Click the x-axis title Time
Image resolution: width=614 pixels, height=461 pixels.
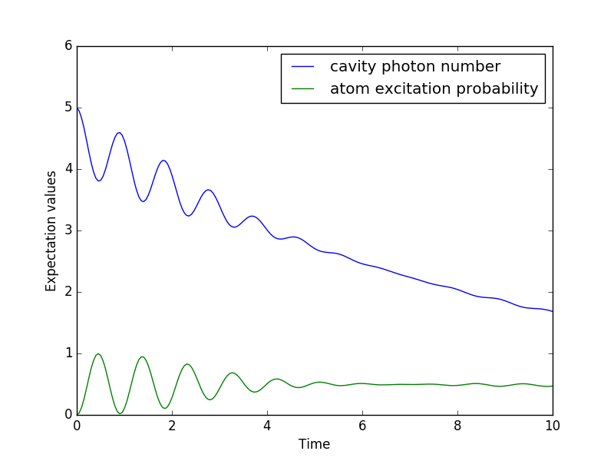coord(313,444)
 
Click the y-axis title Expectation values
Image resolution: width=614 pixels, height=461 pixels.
coord(51,230)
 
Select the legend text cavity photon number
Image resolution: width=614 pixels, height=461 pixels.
coord(415,67)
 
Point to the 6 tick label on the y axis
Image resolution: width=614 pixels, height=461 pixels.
coord(68,46)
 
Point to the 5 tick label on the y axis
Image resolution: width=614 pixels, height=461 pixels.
coord(68,108)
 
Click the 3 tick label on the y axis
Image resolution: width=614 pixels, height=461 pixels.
coord(68,230)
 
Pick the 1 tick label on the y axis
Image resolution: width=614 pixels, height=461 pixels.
coord(68,353)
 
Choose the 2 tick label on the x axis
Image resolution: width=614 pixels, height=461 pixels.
coord(172,425)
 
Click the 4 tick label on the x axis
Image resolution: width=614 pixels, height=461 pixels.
coord(267,425)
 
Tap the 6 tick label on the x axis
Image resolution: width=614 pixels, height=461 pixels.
coord(362,425)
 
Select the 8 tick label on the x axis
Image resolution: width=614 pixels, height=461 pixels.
coord(457,425)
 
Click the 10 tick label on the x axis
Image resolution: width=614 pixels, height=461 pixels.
coord(553,425)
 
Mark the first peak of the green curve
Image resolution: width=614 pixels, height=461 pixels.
coord(98,353)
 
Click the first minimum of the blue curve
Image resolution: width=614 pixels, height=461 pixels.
coord(99,181)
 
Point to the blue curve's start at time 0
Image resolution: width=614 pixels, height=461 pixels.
coord(78,108)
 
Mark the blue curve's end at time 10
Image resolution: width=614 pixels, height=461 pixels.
coord(552,311)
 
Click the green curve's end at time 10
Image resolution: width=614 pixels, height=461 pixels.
coord(552,386)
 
